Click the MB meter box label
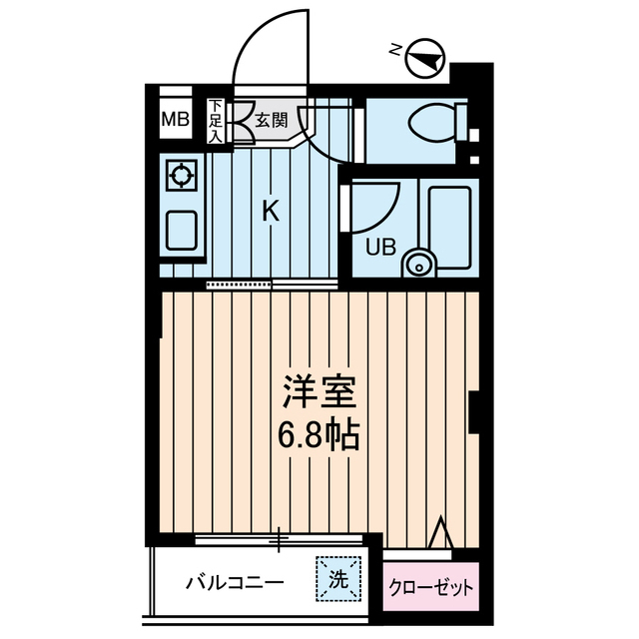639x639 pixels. [176, 121]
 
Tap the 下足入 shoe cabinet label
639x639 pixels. [216, 122]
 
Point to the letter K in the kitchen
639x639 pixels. [270, 211]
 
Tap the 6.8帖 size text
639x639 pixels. [319, 435]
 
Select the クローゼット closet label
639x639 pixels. [431, 588]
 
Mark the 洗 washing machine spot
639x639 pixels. [337, 578]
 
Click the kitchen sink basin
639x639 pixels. [181, 232]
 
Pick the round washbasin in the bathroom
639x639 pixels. [419, 265]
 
